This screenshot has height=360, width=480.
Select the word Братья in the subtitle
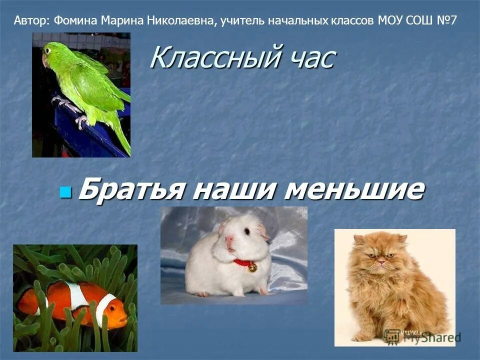[x=131, y=190]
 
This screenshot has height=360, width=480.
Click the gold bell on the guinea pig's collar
[x=252, y=267]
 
